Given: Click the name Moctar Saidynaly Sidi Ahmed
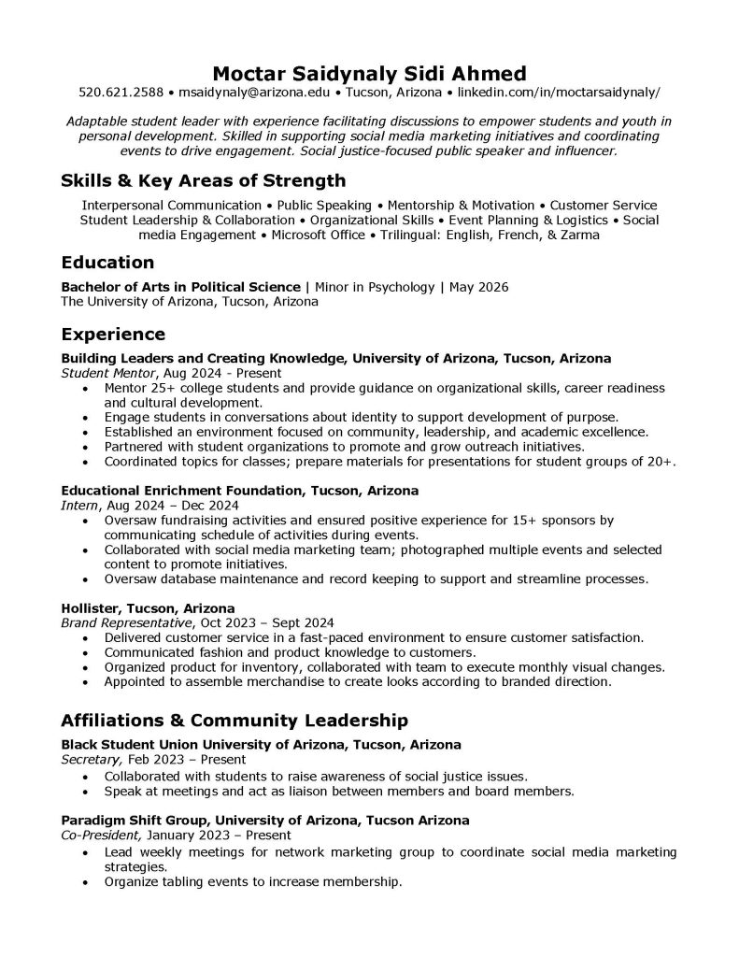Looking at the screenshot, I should click(x=369, y=72).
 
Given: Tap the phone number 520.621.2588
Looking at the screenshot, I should click(x=121, y=93).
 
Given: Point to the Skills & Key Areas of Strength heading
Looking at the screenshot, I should click(x=203, y=180).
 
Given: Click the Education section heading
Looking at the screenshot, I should click(x=107, y=263).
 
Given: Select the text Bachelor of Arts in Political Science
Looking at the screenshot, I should click(x=181, y=287).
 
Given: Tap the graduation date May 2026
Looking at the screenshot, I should click(x=478, y=287).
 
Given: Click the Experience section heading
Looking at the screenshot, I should click(x=113, y=335).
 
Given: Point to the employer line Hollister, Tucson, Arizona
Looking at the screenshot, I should click(x=148, y=608).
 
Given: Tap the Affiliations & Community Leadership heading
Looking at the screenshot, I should click(x=234, y=721).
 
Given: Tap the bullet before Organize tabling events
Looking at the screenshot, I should click(x=87, y=881).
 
